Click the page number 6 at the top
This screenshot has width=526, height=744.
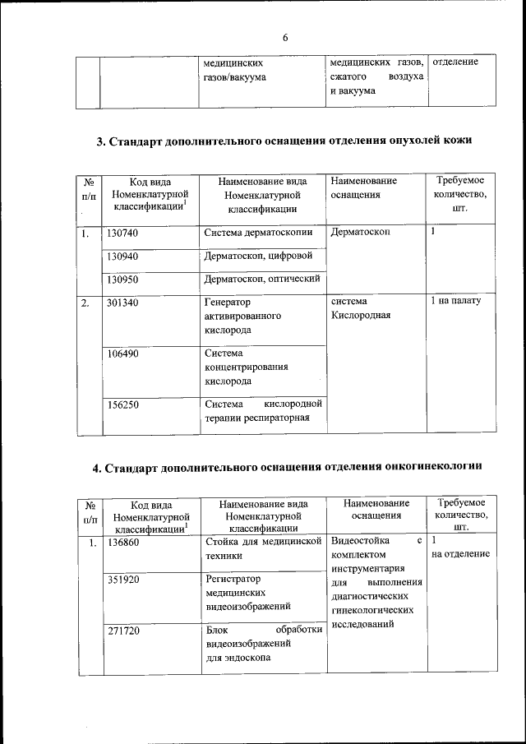click(x=285, y=38)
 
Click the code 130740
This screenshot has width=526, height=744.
click(x=122, y=233)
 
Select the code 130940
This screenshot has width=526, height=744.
click(x=122, y=256)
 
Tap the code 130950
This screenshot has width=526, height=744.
click(x=122, y=280)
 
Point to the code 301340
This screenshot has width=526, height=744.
click(x=122, y=302)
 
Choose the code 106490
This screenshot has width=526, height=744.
click(x=122, y=354)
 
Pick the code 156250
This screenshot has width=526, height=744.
click(x=122, y=404)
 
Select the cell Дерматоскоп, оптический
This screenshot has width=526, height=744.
click(x=262, y=280)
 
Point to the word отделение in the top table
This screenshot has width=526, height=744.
click(x=454, y=62)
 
